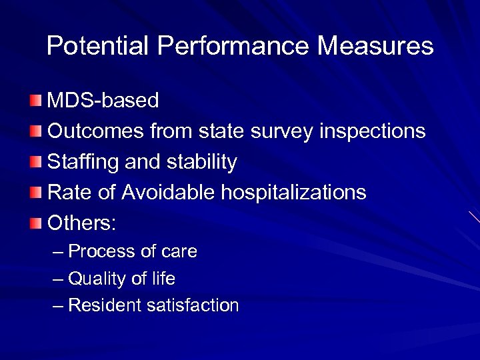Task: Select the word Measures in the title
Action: [375, 46]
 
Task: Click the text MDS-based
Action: [103, 101]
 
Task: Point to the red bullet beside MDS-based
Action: [35, 101]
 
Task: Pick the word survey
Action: [282, 131]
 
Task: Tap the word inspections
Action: [372, 131]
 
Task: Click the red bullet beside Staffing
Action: [35, 162]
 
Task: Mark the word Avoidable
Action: [168, 193]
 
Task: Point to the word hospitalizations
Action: [293, 193]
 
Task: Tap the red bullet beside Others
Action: [35, 223]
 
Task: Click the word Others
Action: [82, 223]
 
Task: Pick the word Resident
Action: [104, 305]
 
